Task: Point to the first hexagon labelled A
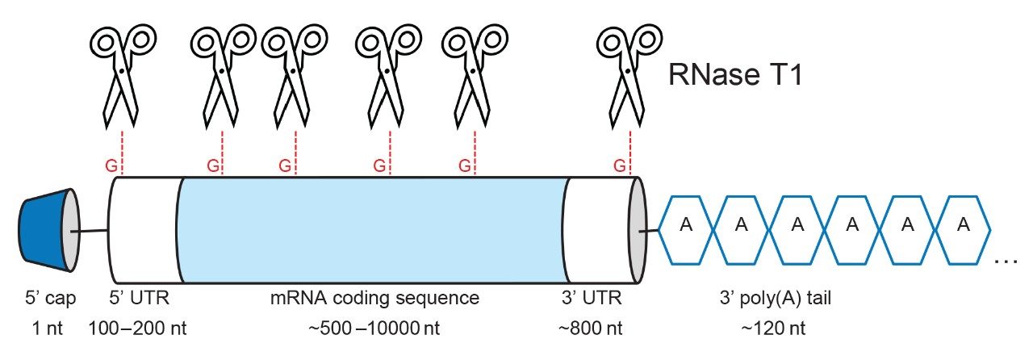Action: point(687,225)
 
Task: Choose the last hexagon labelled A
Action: point(962,225)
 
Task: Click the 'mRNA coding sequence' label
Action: point(374,299)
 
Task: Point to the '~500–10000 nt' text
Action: point(374,329)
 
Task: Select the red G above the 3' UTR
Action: point(620,165)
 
